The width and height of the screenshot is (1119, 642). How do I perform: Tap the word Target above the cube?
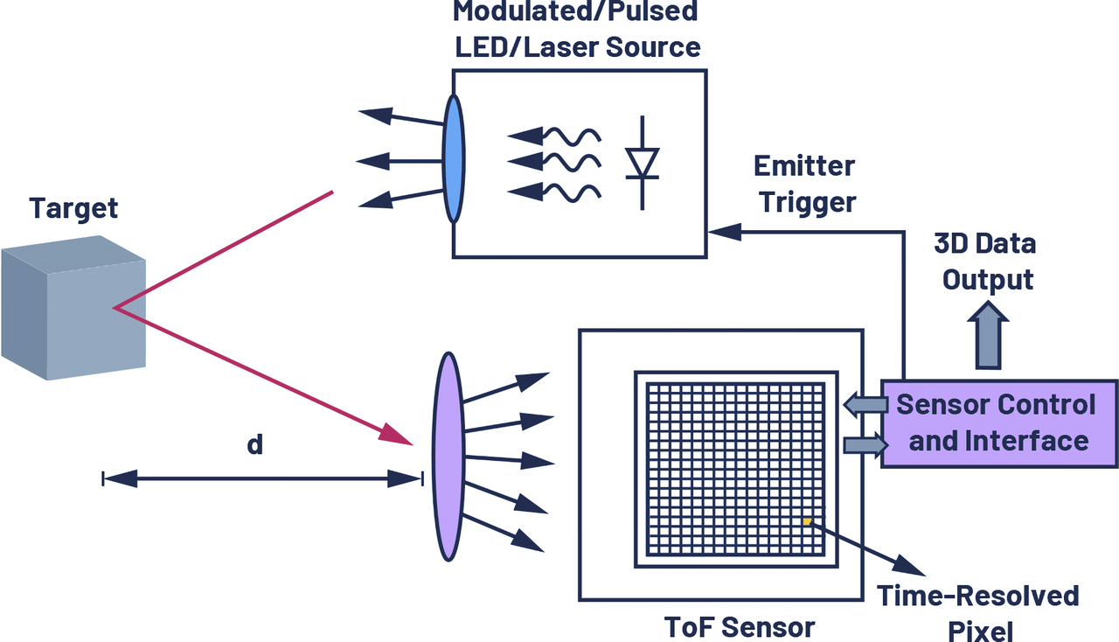(x=73, y=209)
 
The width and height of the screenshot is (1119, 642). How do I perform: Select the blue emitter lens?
(x=454, y=159)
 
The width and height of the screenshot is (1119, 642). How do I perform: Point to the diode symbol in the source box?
(x=643, y=163)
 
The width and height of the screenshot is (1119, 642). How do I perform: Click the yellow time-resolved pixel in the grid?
(x=808, y=521)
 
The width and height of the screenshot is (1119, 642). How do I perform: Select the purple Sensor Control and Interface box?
(x=997, y=423)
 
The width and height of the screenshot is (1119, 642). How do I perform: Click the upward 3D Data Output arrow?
(x=988, y=335)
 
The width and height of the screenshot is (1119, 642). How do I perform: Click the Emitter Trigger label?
(x=804, y=184)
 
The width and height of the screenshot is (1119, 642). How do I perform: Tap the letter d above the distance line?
(x=254, y=444)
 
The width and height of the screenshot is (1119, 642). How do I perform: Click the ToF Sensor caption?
(x=740, y=626)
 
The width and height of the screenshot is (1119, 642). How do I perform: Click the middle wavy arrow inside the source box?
(x=553, y=161)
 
